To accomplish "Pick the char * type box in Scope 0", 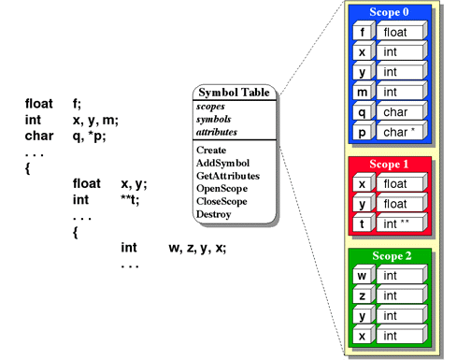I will click(403, 133).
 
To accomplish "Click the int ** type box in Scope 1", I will click(403, 224).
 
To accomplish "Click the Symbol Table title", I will click(234, 93).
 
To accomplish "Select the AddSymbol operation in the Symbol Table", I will click(224, 163).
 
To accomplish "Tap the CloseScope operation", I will click(225, 201).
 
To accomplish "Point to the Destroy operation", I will click(214, 214).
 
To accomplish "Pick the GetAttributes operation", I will click(228, 176).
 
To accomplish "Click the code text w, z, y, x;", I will click(197, 248).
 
